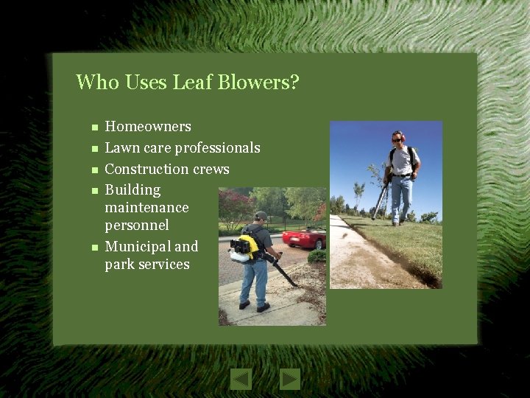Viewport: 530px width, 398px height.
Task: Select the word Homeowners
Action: coord(148,127)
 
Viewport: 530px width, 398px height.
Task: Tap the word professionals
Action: coord(218,148)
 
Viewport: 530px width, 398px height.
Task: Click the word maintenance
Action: coord(146,208)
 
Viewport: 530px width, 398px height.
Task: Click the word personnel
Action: coord(137,226)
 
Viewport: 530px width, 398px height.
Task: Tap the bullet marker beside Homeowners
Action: coord(85,128)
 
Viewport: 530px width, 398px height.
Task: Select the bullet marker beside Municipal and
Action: coord(85,247)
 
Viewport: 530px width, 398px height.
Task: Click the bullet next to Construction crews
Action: coord(85,170)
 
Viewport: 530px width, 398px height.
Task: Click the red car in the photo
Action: coord(303,237)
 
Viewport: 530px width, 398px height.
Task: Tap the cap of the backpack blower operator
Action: coord(260,215)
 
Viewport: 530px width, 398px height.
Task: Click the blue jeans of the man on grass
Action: coord(400,198)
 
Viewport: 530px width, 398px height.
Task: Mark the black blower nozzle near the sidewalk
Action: coord(285,276)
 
